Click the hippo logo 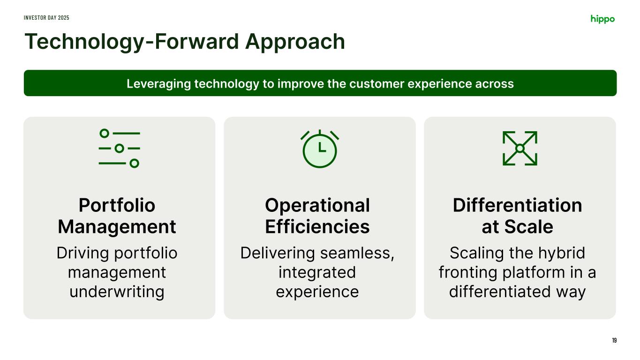pyautogui.click(x=602, y=19)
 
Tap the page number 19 pyautogui.click(x=614, y=340)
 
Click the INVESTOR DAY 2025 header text pyautogui.click(x=46, y=18)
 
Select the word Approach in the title pyautogui.click(x=295, y=42)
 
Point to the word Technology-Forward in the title pyautogui.click(x=132, y=42)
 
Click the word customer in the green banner pyautogui.click(x=376, y=84)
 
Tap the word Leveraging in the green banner pyautogui.click(x=158, y=84)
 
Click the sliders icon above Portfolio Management pyautogui.click(x=119, y=148)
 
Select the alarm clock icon pyautogui.click(x=320, y=149)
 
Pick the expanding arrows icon pyautogui.click(x=520, y=148)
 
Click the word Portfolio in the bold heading pyautogui.click(x=117, y=205)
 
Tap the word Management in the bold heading pyautogui.click(x=117, y=226)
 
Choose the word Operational pyautogui.click(x=317, y=205)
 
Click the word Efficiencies pyautogui.click(x=317, y=226)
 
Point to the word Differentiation pyautogui.click(x=518, y=205)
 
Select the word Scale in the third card pyautogui.click(x=528, y=227)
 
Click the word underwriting pyautogui.click(x=117, y=292)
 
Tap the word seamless pyautogui.click(x=357, y=253)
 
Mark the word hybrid pyautogui.click(x=562, y=253)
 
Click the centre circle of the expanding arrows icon pyautogui.click(x=520, y=148)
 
